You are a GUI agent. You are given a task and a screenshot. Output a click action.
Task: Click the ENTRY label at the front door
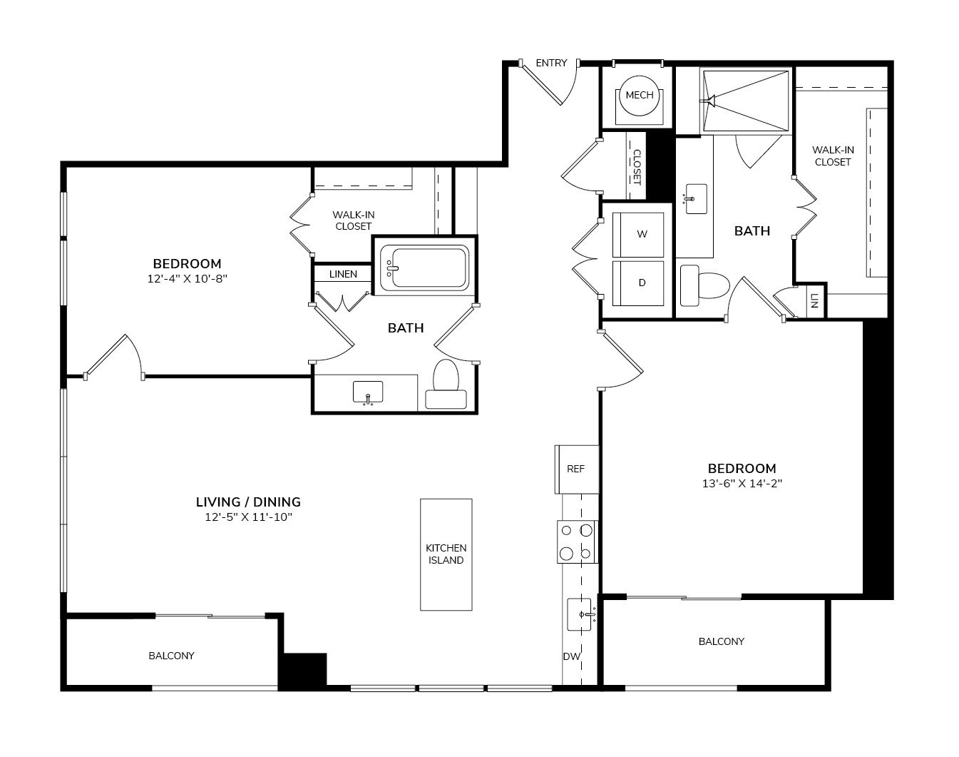pos(551,63)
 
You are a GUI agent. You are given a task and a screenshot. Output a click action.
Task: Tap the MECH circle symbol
pos(640,95)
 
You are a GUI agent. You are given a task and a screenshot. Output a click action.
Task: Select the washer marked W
pos(638,235)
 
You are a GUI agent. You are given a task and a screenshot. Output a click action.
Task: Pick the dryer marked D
pos(638,283)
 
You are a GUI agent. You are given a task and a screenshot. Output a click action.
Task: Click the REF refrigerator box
pos(577,469)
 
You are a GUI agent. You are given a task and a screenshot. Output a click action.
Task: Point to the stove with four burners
pos(577,542)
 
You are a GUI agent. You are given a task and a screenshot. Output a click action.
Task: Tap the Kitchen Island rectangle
pos(446,554)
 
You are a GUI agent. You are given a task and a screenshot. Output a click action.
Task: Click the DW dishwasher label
pos(571,656)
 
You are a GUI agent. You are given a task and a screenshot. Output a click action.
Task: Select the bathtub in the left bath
pos(424,268)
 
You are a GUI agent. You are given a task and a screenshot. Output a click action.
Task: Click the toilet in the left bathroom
pos(446,384)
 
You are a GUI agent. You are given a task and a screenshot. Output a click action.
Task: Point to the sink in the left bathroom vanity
pos(368,393)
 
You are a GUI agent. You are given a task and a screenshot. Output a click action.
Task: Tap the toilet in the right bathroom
pos(705,285)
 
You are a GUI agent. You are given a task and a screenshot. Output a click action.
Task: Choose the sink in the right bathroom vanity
pos(695,199)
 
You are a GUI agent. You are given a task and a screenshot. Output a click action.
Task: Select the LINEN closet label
pos(343,275)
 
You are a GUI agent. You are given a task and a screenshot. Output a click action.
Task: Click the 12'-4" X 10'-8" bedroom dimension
pos(188,279)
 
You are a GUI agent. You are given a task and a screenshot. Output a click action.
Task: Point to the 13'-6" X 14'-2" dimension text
pos(742,484)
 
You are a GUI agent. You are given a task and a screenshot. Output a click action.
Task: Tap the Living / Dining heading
pos(248,502)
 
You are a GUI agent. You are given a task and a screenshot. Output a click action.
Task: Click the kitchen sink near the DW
pos(579,614)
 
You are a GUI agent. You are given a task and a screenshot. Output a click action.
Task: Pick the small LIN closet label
pos(814,300)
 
